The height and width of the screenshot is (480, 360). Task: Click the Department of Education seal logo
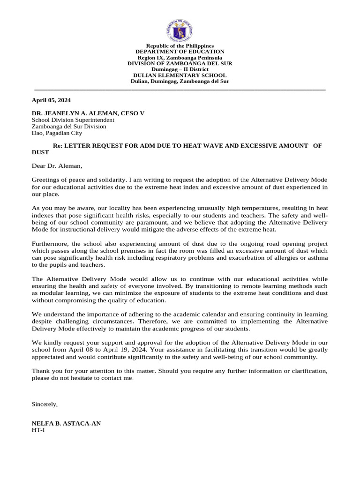[180, 30]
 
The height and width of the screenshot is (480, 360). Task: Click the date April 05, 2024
[51, 100]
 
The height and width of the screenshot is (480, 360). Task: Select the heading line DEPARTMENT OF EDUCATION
[180, 52]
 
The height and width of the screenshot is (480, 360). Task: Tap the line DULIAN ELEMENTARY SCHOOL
[180, 75]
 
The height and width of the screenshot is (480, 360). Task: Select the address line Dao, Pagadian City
[57, 133]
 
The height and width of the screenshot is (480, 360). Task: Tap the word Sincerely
[45, 404]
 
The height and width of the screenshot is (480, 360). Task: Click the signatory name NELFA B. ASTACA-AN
[66, 423]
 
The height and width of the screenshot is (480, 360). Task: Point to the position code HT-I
[38, 430]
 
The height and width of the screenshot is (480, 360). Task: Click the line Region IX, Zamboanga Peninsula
[180, 58]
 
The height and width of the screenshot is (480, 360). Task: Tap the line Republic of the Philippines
[180, 46]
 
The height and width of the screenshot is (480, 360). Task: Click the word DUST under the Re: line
[40, 152]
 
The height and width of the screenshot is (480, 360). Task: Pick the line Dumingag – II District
[180, 69]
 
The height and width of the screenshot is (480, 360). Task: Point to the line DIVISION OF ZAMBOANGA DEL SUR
[180, 63]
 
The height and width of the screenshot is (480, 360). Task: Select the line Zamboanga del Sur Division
[69, 127]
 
